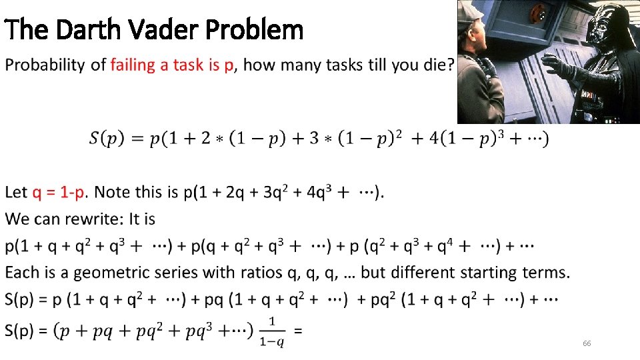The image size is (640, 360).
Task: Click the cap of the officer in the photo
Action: click(469, 9)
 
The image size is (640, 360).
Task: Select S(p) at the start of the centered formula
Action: click(105, 139)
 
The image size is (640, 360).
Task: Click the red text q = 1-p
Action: click(58, 193)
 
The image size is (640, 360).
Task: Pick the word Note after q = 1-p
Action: click(111, 193)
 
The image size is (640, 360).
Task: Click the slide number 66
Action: click(587, 343)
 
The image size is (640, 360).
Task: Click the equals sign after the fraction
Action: click(299, 330)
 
